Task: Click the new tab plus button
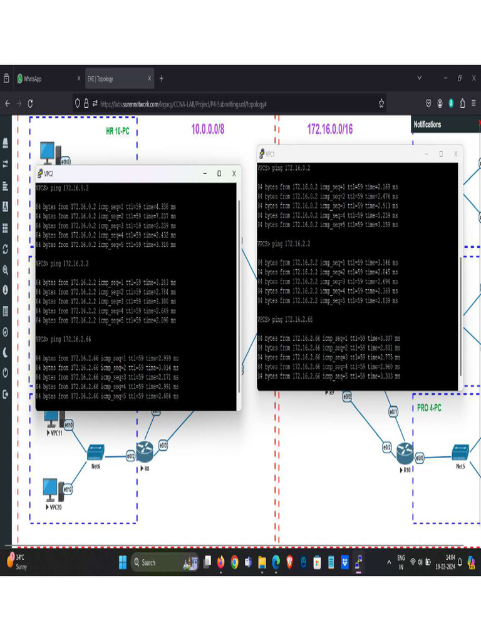161,78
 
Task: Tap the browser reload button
30,103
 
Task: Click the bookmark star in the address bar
381,103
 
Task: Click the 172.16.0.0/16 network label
329,129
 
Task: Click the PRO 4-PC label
429,408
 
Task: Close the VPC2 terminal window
234,173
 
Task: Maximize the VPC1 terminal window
440,154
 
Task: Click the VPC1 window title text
271,154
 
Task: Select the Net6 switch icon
96,451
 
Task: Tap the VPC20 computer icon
50,489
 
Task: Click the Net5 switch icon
460,451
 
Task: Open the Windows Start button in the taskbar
123,562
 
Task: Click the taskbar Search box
157,562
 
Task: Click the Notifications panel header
428,125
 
